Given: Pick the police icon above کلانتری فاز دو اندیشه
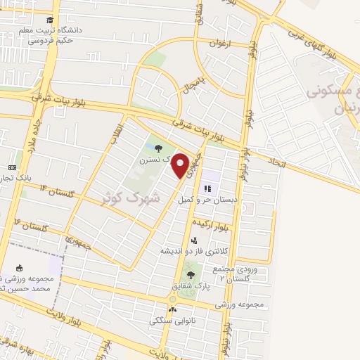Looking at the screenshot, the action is [x=193, y=240].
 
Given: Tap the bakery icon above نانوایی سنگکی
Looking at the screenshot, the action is [x=172, y=309].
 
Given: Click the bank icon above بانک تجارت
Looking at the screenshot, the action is [x=12, y=168].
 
